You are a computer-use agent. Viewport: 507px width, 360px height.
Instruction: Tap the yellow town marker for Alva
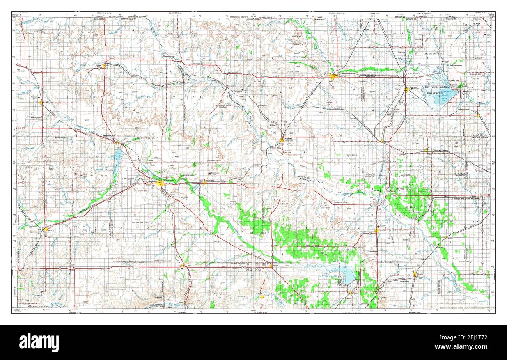click(x=332, y=76)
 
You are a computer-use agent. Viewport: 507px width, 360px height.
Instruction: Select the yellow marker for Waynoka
click(x=282, y=140)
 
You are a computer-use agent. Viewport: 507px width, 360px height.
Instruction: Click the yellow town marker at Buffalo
click(x=105, y=66)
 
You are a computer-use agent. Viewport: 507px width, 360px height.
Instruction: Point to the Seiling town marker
click(x=271, y=266)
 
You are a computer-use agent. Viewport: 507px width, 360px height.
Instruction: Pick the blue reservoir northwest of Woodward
click(x=118, y=155)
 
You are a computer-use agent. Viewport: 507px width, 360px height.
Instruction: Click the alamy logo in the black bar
click(x=39, y=342)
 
